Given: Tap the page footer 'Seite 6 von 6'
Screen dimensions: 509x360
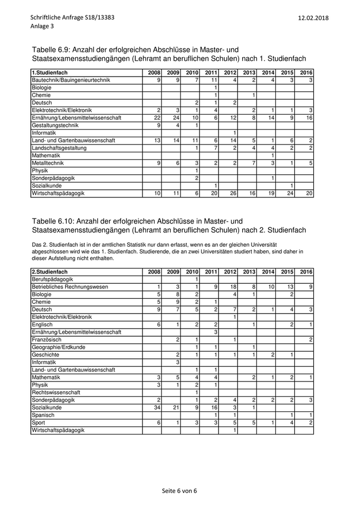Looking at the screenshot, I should pos(179,490).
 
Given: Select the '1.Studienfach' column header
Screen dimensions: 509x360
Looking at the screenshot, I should pos(50,73).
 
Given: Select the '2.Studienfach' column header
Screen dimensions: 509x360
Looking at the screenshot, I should pos(50,271).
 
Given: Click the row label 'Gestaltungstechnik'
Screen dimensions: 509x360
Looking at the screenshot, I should pos(55,125).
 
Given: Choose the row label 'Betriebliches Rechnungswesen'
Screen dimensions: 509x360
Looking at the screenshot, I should pos(70,287).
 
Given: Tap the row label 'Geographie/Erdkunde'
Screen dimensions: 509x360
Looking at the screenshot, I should pos(59,348).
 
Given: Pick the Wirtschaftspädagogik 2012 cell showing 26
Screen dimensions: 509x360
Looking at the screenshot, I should pos(229,193).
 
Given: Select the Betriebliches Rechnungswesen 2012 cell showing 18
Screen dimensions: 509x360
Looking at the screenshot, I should pos(229,287).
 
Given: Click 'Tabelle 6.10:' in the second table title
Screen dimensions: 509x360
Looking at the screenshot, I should pos(53,221).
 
